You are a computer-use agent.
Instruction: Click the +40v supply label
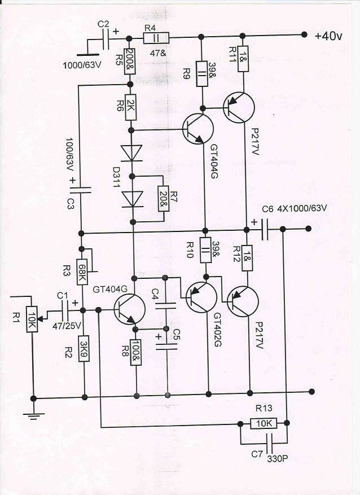coord(328,36)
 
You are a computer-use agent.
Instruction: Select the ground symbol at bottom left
coord(33,414)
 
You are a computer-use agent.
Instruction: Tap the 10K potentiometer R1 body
coord(32,319)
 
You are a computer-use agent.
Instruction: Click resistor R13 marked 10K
coord(264,423)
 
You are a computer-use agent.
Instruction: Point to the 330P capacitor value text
coord(278,459)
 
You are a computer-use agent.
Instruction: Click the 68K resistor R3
coord(82,272)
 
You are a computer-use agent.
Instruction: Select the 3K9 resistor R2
coord(84,348)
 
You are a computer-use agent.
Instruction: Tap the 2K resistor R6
coord(130,107)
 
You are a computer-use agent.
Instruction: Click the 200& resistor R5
coord(130,62)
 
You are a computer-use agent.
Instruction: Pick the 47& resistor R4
coord(156,38)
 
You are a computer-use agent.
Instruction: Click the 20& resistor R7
coord(164,199)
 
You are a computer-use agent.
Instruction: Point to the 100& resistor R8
coord(136,352)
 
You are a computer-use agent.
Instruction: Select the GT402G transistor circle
coord(201,297)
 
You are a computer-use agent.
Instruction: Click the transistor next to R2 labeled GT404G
coord(129,309)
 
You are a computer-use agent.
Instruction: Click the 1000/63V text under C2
coord(82,65)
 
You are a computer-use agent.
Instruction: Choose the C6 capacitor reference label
coord(267,209)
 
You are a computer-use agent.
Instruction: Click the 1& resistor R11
coord(243,58)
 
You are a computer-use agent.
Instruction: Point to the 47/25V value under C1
coord(67,326)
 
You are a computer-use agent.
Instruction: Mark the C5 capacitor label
coord(177,334)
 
